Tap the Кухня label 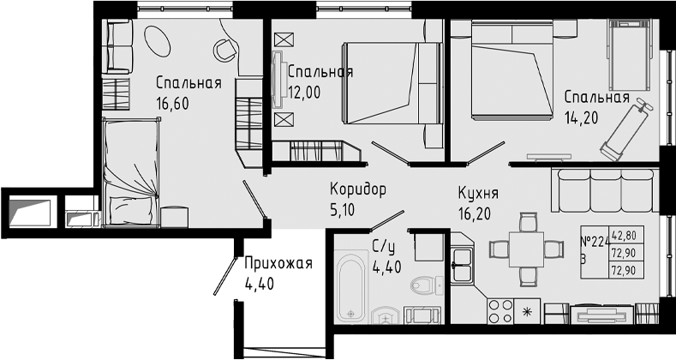coord(478,194)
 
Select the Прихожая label coord(278,263)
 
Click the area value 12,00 coord(304,92)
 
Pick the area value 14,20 coord(582,117)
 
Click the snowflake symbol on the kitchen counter coord(527,311)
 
